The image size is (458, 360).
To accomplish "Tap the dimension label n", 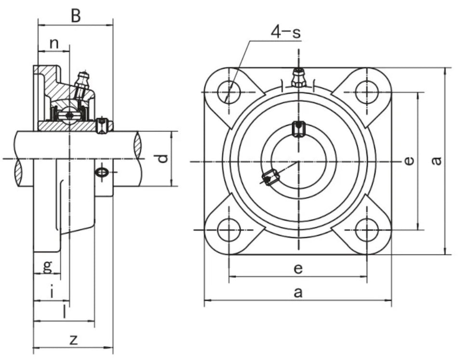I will pos(54,43).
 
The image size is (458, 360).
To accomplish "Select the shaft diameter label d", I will pos(163,159).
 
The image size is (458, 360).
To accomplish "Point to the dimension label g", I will pos(47,266).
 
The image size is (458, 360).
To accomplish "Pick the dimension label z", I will pos(73,339).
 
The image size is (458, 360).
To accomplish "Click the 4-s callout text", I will pos(285,32).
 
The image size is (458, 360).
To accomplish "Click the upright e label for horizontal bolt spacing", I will pos(298,268).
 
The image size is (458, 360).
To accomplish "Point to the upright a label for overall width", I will pos(298,292).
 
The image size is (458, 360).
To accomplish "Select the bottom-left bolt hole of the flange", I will pos(229,230).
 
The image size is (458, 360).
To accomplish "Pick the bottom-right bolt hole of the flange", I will pos(367,230).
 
